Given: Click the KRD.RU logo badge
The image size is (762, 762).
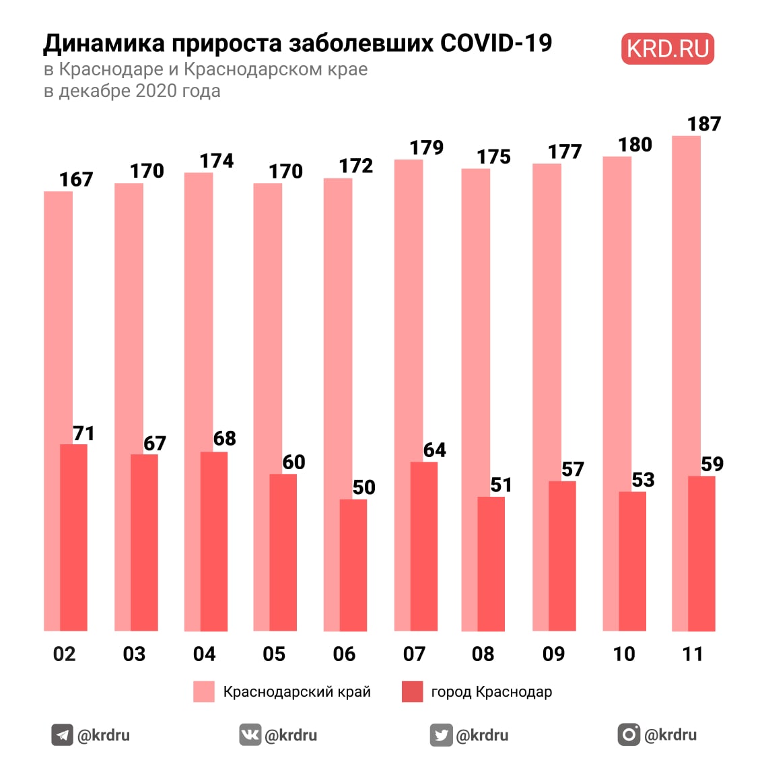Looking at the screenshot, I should (x=667, y=49).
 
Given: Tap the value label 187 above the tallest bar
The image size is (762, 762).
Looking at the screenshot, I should (x=703, y=124).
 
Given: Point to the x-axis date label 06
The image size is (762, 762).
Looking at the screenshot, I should (x=344, y=654).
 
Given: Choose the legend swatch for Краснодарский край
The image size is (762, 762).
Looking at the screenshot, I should (x=203, y=691).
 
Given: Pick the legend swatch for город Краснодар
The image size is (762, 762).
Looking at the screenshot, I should (x=412, y=691).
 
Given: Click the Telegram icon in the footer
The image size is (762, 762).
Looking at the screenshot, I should (x=63, y=734).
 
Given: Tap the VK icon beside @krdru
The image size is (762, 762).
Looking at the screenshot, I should (x=250, y=734).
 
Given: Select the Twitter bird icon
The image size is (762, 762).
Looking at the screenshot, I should (x=441, y=734).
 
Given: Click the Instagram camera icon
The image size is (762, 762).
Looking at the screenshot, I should (x=629, y=734).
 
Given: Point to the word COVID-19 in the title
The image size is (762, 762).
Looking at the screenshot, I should (x=496, y=43).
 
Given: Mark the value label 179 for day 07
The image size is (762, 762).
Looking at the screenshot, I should (x=427, y=147).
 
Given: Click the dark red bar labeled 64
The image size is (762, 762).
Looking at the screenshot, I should (x=423, y=546).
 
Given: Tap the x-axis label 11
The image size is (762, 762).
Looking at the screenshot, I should (x=693, y=654).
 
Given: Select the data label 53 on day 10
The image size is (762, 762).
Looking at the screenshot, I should (x=643, y=479).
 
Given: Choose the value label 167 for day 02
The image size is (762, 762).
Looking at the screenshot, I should (x=76, y=180).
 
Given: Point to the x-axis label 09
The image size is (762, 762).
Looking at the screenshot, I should (x=553, y=654).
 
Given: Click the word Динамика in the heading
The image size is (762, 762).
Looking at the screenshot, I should (x=104, y=43).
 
